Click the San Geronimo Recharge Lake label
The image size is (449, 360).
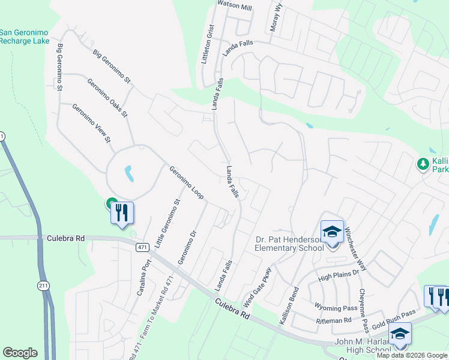25,37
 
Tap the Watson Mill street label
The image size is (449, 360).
234,7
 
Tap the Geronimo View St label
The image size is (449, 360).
92,124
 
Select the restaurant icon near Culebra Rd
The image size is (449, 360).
122,212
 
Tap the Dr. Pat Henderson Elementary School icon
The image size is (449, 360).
331,231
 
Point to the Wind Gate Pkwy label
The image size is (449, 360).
258,287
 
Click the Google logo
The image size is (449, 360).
20,353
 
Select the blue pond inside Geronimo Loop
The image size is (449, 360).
128,174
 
